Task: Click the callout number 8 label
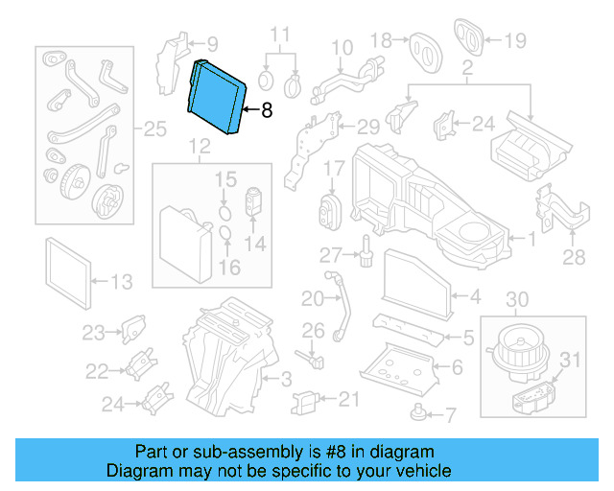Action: coord(267,110)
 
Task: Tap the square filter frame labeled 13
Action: coord(70,270)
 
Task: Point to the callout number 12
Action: coord(198,147)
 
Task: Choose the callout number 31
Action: coord(571,360)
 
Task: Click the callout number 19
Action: coord(515,40)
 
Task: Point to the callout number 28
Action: coord(573,256)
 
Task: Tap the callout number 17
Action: coord(332,169)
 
